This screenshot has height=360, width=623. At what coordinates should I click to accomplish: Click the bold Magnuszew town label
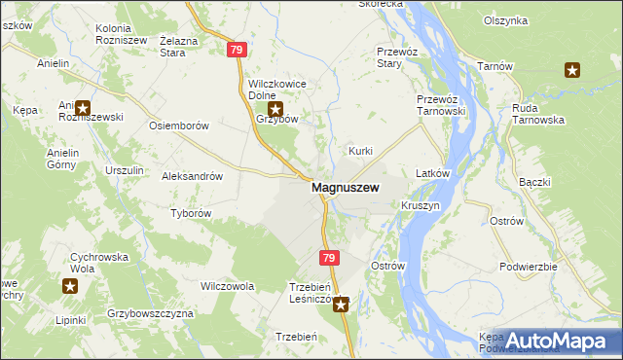(345, 188)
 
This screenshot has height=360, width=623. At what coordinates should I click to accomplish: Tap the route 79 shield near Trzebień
(329, 258)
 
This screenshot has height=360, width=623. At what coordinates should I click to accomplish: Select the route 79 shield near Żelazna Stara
(236, 49)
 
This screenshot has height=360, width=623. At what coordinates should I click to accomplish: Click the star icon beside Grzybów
(276, 110)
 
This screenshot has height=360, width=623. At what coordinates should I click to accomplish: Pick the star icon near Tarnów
(572, 69)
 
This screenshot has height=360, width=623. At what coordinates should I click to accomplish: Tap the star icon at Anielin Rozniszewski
(83, 109)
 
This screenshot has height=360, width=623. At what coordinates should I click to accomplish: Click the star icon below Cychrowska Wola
(70, 285)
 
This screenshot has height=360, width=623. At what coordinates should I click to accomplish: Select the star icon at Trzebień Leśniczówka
(341, 305)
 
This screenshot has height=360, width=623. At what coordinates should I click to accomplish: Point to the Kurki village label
(361, 152)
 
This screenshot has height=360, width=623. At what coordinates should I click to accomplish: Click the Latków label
(431, 173)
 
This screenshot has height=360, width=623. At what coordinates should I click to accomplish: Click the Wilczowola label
(227, 286)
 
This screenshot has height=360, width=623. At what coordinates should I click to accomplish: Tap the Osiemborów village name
(178, 126)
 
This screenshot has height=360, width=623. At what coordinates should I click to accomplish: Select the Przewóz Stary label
(396, 57)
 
